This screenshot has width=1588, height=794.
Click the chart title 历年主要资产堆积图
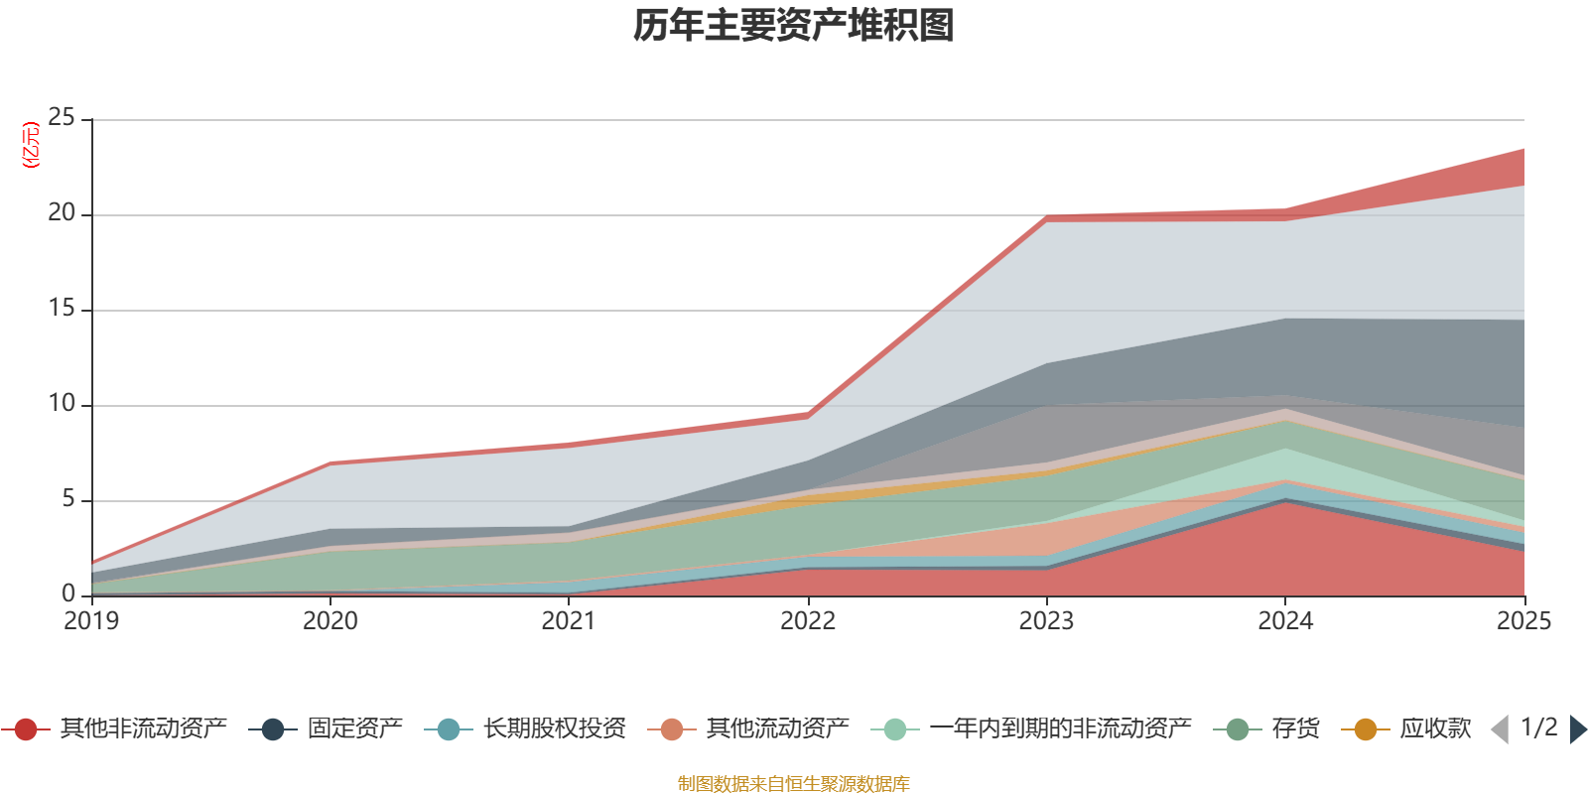pos(794,26)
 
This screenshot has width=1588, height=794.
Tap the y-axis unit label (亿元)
pos(32,145)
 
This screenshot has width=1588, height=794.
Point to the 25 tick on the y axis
pos(62,118)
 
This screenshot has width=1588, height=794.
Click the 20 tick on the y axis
pos(62,213)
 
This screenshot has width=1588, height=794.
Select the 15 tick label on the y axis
pos(62,309)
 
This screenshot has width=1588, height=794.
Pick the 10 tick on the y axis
pos(62,404)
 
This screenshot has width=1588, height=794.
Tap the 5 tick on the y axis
pos(68,499)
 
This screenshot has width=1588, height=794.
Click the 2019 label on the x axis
pos(91,621)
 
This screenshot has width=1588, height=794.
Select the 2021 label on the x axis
pos(569,621)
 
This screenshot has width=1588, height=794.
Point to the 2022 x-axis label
pos(808,621)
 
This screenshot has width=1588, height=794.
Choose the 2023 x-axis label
pos(1046,621)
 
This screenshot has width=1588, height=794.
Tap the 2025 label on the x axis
pos(1523,621)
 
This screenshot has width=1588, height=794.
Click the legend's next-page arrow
pos(1578,729)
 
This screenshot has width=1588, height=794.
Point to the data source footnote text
pos(794,784)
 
